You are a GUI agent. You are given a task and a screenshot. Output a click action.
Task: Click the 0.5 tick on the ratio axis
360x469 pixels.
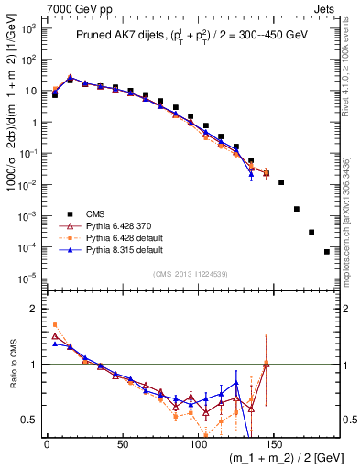coord(30,420)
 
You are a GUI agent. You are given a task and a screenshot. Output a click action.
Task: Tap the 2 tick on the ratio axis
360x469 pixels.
coord(34,309)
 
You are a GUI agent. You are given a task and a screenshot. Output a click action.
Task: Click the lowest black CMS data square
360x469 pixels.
coord(327,252)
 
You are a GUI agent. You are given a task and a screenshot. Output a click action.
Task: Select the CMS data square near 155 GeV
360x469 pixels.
coord(281,182)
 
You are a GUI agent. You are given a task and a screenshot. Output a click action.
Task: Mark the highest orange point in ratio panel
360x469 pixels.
coord(55,324)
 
